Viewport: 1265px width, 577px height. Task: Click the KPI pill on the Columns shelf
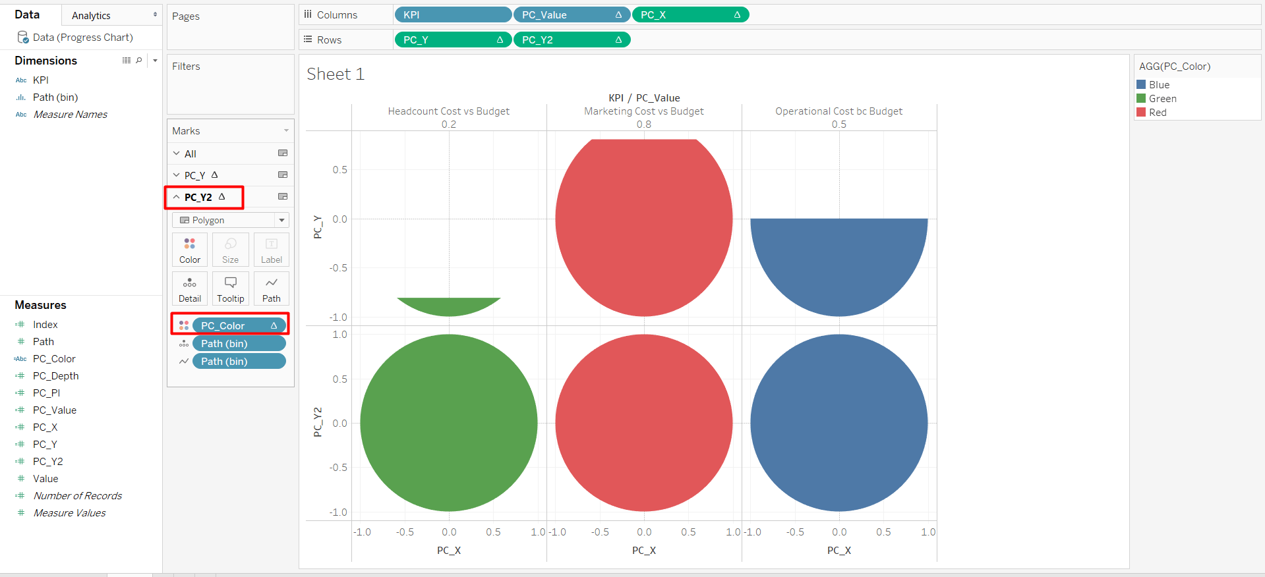tap(452, 14)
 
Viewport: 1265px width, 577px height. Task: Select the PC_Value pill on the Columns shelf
tap(571, 14)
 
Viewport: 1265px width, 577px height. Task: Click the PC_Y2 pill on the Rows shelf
tap(571, 40)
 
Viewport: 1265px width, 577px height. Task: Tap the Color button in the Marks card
tap(190, 250)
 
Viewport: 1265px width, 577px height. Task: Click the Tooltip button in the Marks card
tap(231, 289)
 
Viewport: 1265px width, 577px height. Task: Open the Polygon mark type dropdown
tap(230, 220)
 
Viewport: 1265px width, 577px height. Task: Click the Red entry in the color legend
tap(1158, 113)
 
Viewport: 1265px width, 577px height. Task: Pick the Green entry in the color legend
tap(1162, 99)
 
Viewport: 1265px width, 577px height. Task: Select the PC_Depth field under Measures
tap(55, 375)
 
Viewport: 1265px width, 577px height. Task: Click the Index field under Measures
tap(45, 324)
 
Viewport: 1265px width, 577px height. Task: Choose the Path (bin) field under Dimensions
tap(55, 97)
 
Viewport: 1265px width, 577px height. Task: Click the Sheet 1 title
tap(336, 74)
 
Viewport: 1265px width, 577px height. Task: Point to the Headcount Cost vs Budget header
tap(448, 111)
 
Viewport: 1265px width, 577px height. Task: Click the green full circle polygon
tap(448, 423)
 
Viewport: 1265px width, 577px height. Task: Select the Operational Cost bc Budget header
tap(838, 111)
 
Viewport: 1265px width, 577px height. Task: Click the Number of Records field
tap(77, 495)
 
